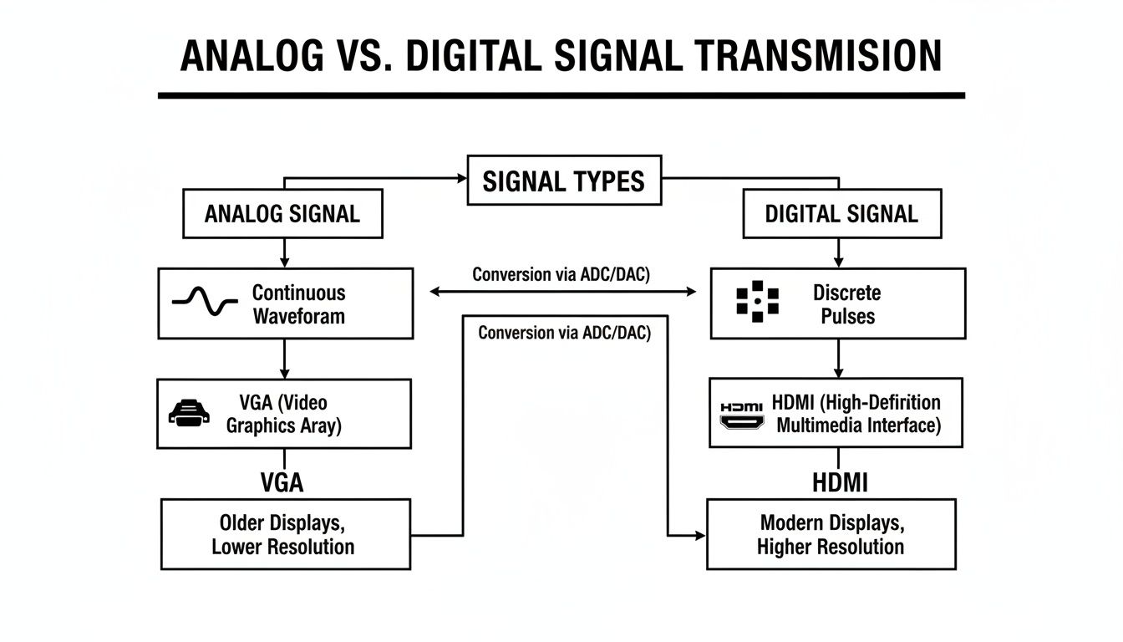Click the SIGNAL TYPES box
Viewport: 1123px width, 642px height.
coord(564,180)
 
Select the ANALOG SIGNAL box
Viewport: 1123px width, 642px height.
coord(282,213)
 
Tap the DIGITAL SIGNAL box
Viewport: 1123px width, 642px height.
coord(841,213)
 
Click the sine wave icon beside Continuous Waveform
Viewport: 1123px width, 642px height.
coord(205,303)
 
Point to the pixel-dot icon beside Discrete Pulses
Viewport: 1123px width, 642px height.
coord(757,303)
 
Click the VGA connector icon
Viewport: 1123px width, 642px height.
coord(189,413)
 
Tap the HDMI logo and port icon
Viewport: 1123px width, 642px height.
coord(741,414)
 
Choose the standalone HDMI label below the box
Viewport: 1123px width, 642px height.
coord(840,483)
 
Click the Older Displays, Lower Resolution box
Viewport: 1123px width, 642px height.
coord(285,534)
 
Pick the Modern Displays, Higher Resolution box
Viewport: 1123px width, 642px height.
coord(831,534)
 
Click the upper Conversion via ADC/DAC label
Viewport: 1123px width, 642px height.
coord(561,274)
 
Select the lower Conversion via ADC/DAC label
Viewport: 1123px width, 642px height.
coord(564,332)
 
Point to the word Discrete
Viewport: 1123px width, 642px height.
coord(846,293)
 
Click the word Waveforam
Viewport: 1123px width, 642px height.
coord(298,316)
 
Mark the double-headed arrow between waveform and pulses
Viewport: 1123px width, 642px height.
coord(562,291)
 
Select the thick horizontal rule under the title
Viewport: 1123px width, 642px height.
coord(561,95)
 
